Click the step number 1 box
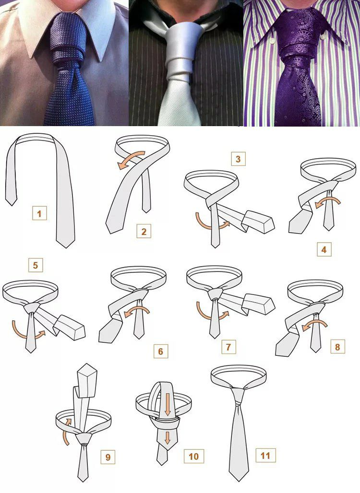coord(39,213)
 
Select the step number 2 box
coord(144,232)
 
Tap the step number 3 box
coord(238,159)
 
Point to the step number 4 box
coord(324,250)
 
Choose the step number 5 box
coord(35,265)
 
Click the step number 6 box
coord(160,351)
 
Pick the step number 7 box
coord(228,347)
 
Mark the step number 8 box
coord(337,347)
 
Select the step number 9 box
coord(108,457)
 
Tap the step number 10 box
coord(194,456)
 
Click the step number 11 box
coord(265,455)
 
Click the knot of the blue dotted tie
coord(67,39)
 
